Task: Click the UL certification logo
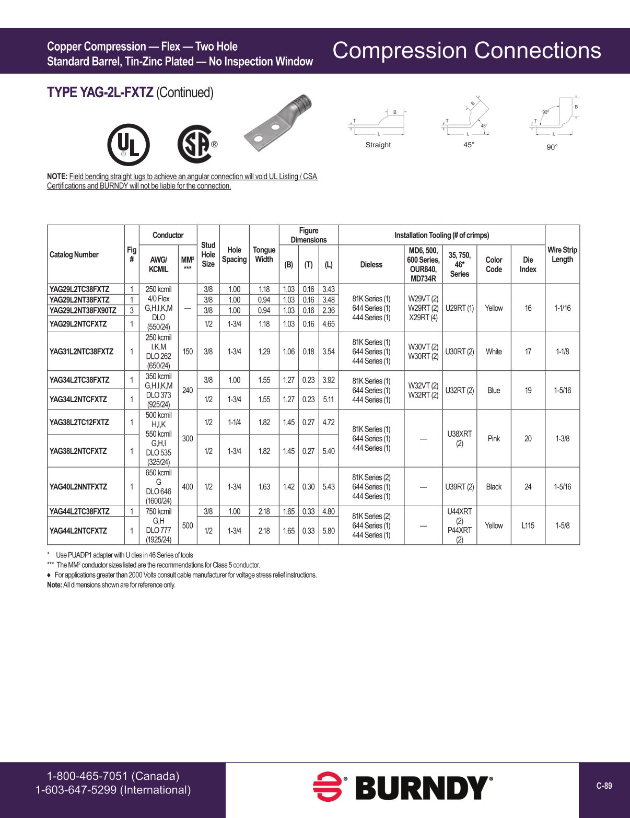coord(128,145)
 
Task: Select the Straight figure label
coord(378,145)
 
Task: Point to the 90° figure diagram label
coord(552,147)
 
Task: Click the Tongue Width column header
coord(264,254)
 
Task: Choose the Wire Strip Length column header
coord(562,254)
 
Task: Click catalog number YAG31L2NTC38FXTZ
coord(81,352)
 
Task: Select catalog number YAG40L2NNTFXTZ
coord(78,487)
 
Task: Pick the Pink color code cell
coord(494,439)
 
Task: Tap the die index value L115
coord(528,525)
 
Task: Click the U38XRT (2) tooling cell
coord(459,439)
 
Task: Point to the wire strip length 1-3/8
coord(562,439)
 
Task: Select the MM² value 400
coord(188,487)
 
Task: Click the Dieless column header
coord(371,265)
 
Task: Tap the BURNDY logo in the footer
coord(402,788)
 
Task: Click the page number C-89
coord(604,786)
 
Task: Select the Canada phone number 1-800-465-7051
coord(113,776)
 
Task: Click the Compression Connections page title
coord(466,51)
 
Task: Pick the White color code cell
coord(494,352)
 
